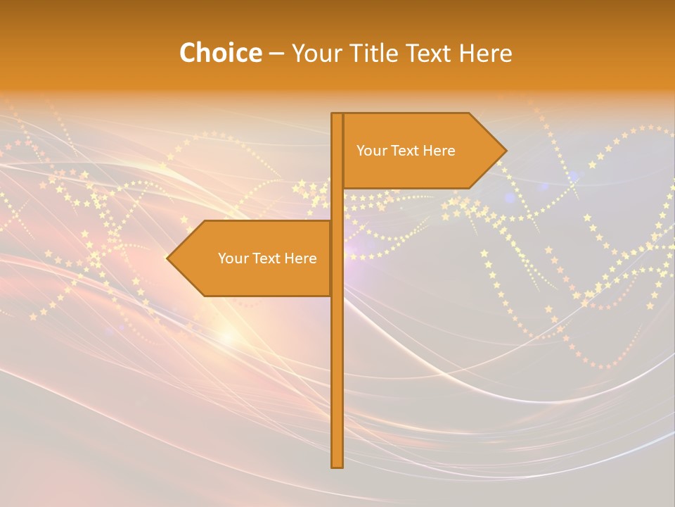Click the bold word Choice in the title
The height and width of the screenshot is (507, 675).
[220, 53]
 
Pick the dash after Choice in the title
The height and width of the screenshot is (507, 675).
[276, 54]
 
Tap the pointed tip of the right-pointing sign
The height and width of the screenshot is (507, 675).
[504, 151]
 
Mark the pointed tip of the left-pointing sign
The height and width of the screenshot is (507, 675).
[169, 258]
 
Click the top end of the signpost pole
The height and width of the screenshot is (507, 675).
[337, 115]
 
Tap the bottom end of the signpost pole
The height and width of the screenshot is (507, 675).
[337, 465]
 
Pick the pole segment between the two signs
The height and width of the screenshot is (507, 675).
[337, 204]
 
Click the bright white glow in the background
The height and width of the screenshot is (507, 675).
[226, 337]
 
